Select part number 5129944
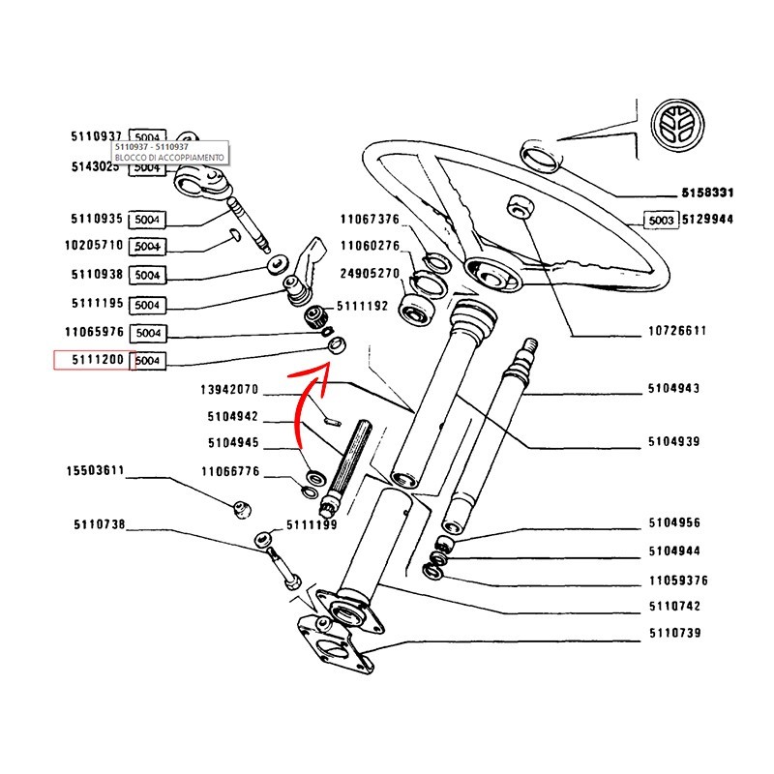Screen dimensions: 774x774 707,220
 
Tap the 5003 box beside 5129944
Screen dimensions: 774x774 662,220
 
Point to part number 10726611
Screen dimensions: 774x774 676,331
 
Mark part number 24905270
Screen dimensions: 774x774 370,274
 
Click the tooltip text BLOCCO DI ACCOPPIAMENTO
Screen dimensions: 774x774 169,157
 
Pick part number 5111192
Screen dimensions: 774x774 361,306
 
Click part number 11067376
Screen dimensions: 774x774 370,219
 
